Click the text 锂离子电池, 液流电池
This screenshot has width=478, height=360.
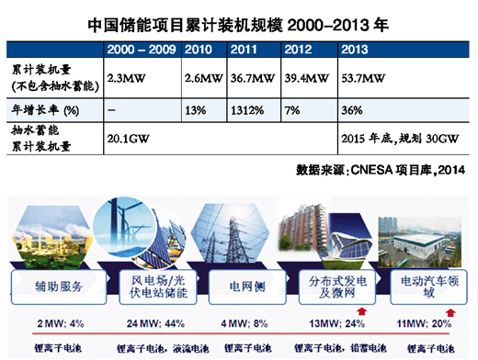coord(149,347)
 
